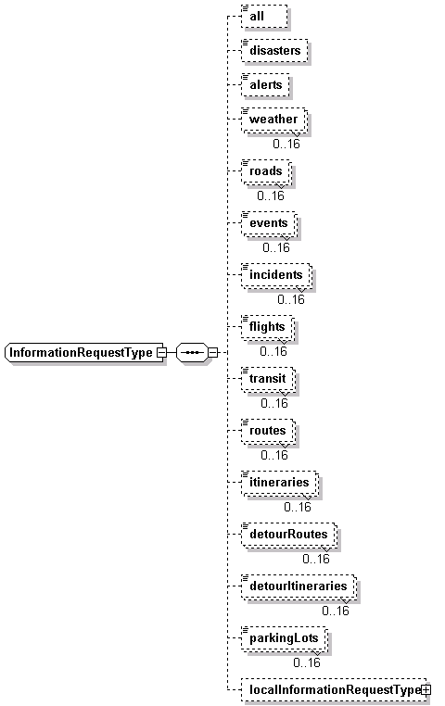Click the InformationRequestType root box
click(x=84, y=352)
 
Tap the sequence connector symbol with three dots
click(x=192, y=352)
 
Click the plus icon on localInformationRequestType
click(x=426, y=689)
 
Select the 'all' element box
click(x=264, y=17)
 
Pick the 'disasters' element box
click(x=274, y=50)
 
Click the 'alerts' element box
click(x=265, y=84)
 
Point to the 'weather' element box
click(x=274, y=120)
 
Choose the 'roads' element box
click(x=266, y=172)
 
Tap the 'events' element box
click(x=269, y=224)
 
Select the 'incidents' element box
click(x=276, y=275)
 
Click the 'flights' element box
click(x=268, y=327)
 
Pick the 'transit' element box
click(x=269, y=379)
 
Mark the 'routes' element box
click(x=269, y=431)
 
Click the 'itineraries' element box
click(x=280, y=483)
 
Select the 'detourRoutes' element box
click(x=289, y=535)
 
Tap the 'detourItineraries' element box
click(x=299, y=586)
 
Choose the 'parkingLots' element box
click(x=285, y=638)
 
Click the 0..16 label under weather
click(x=286, y=144)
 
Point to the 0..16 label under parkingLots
click(x=307, y=662)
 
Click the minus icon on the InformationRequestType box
click(x=160, y=353)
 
